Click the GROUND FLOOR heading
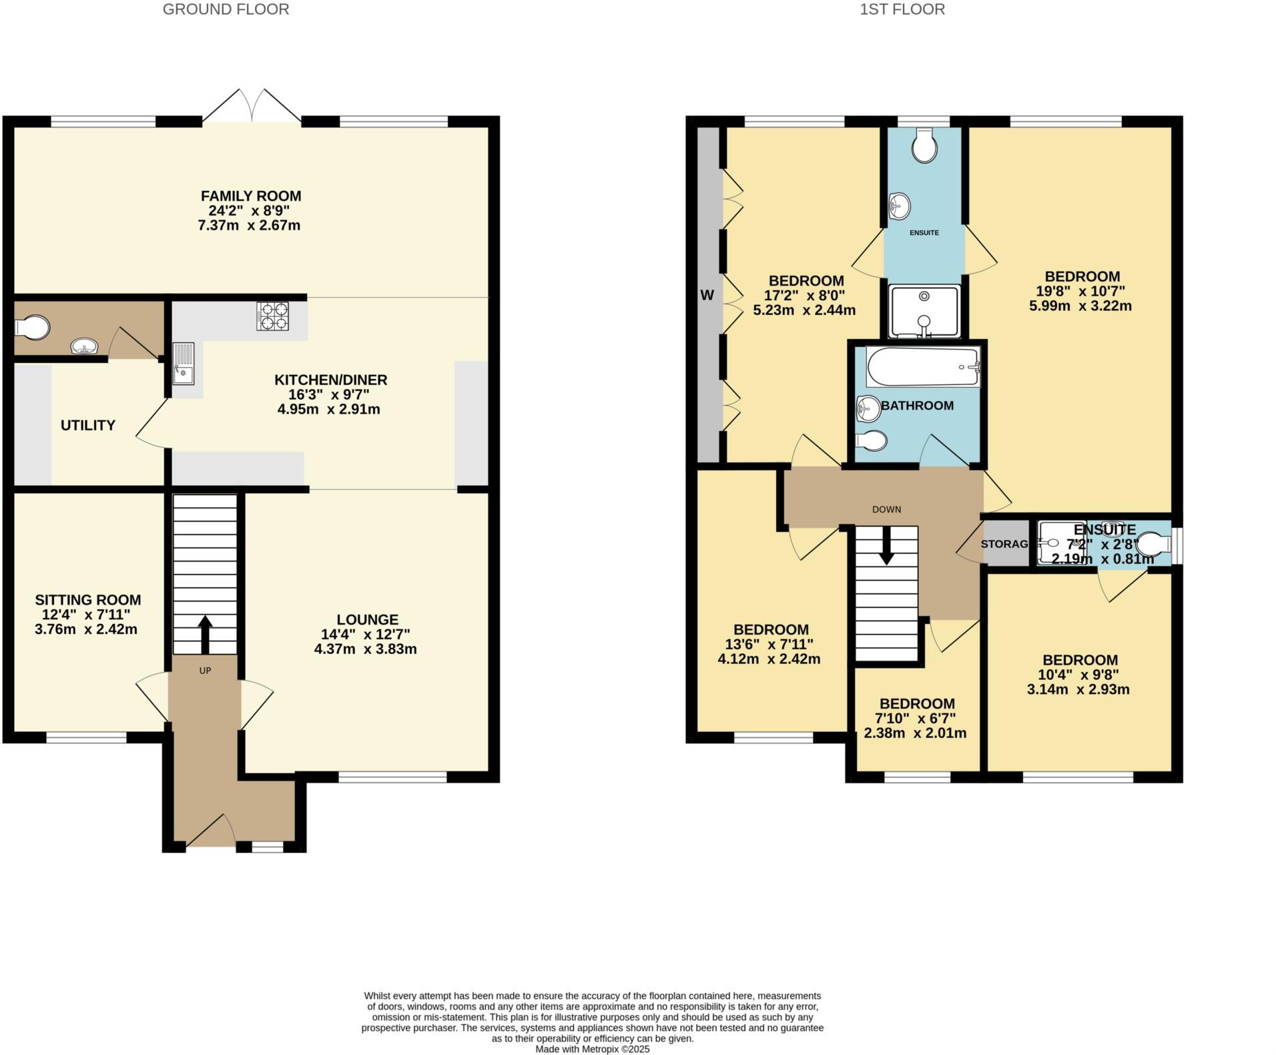[226, 9]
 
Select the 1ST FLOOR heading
[902, 9]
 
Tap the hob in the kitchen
[273, 316]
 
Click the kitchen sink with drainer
[184, 364]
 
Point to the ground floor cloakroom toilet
[32, 328]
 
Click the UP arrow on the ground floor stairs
[205, 634]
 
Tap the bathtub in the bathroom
[923, 367]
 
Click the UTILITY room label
[88, 425]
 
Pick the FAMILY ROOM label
[251, 196]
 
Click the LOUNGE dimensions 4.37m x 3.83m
[365, 649]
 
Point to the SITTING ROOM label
[88, 600]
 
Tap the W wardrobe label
[707, 295]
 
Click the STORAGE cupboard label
[1005, 544]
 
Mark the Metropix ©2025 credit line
[592, 1049]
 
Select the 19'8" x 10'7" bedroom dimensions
[1084, 291]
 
